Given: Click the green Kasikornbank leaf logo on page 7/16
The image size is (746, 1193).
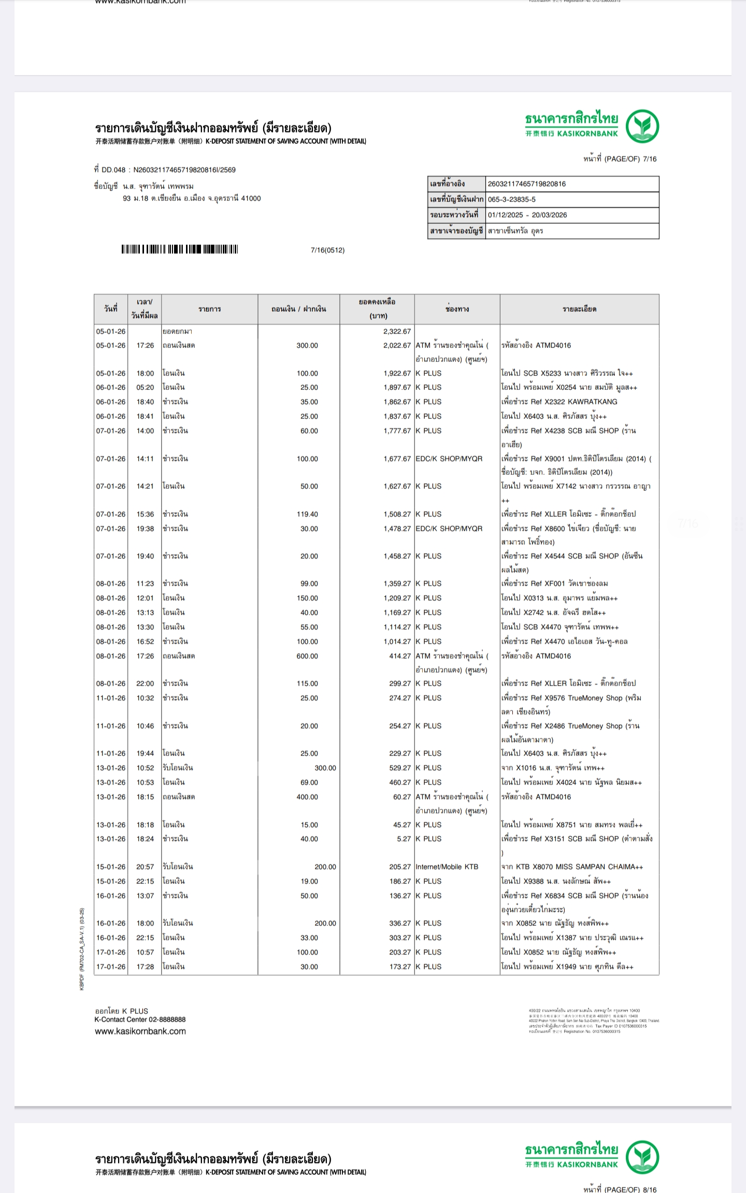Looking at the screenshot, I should [642, 126].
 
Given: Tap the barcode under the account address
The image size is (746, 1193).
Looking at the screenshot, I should [179, 250].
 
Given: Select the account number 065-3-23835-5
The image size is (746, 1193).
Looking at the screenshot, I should [511, 199].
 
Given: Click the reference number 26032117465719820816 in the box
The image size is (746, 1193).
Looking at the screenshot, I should [526, 184].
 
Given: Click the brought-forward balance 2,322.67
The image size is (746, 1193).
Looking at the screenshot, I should [397, 331].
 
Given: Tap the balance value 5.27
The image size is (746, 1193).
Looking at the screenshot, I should [404, 839].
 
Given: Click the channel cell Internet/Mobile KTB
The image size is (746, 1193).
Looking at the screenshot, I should [447, 867].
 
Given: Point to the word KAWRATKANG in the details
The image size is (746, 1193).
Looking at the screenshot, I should [593, 402].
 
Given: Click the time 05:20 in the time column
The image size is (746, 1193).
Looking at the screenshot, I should [145, 387].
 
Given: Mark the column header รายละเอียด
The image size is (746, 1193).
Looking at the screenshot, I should [579, 309].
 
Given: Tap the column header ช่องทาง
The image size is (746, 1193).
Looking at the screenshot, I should [457, 309].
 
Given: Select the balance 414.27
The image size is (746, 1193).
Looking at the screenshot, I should [400, 656].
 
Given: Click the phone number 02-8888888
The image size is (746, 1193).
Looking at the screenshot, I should [167, 1020].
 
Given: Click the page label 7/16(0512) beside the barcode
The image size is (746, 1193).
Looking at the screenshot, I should [327, 250].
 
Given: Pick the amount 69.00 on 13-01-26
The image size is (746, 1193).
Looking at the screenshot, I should [309, 782].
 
